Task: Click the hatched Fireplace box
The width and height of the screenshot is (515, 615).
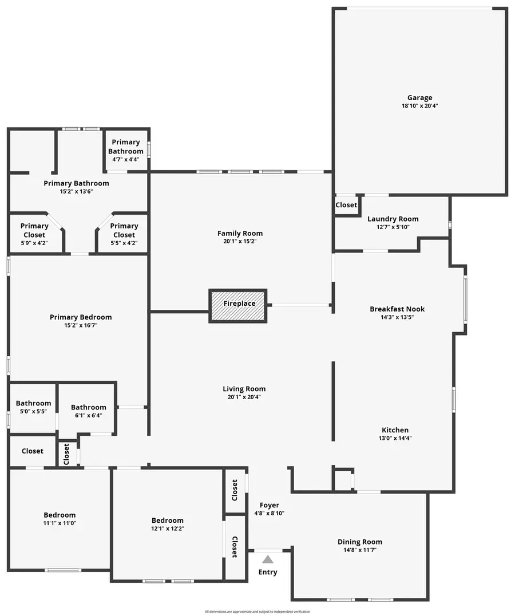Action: pyautogui.click(x=238, y=306)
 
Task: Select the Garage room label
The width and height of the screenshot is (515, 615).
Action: pyautogui.click(x=419, y=98)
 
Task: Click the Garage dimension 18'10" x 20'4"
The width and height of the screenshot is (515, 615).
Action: pyautogui.click(x=419, y=106)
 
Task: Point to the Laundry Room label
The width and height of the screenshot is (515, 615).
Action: pyautogui.click(x=393, y=219)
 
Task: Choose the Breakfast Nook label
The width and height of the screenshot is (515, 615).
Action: pyautogui.click(x=397, y=309)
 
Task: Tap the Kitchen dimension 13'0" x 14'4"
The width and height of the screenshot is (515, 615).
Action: pyautogui.click(x=395, y=439)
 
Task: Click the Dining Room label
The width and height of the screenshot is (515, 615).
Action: pyautogui.click(x=359, y=542)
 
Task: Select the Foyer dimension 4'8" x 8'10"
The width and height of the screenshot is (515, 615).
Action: pyautogui.click(x=270, y=513)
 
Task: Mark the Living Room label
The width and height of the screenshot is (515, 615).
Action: pyautogui.click(x=244, y=389)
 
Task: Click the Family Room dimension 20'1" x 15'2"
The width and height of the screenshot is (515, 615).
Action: pyautogui.click(x=240, y=242)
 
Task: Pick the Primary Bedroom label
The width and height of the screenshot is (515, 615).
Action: pyautogui.click(x=81, y=317)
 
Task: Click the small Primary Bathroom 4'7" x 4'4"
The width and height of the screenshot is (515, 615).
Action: pyautogui.click(x=126, y=147)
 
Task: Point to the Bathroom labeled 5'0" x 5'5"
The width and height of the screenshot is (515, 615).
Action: pyautogui.click(x=33, y=407)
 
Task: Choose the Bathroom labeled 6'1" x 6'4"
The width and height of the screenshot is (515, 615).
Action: pyautogui.click(x=88, y=411)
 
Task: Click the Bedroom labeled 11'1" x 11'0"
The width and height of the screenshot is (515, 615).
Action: pyautogui.click(x=60, y=519)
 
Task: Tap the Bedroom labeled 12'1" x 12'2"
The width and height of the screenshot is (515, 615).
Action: pyautogui.click(x=168, y=524)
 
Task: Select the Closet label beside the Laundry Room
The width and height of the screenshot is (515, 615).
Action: pyautogui.click(x=346, y=205)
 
